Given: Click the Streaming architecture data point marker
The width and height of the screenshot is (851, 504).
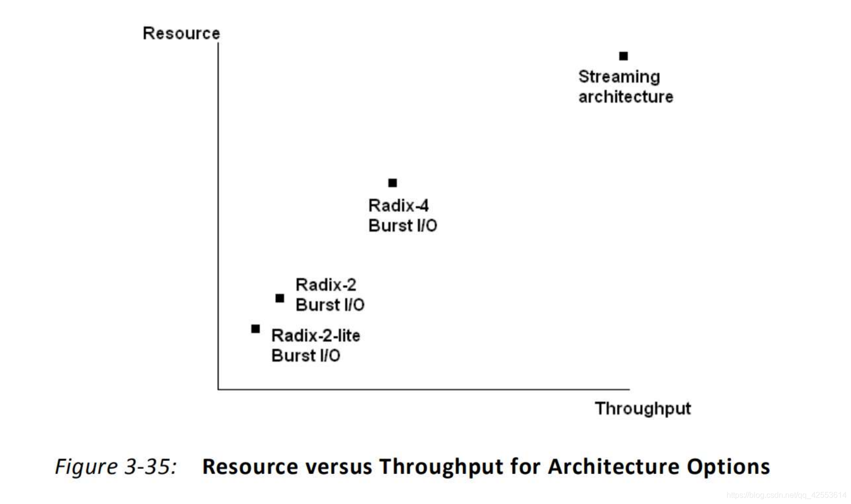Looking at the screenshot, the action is (623, 56).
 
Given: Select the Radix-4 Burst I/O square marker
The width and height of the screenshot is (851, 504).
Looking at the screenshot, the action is (393, 183).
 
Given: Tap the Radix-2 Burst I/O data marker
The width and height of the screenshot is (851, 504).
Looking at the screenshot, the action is (280, 298).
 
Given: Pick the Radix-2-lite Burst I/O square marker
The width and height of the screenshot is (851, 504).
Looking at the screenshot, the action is (255, 329).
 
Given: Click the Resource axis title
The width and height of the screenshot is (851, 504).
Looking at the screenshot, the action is (181, 33).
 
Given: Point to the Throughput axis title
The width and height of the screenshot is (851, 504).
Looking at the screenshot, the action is (642, 409).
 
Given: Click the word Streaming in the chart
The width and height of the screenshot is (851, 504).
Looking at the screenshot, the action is (619, 77).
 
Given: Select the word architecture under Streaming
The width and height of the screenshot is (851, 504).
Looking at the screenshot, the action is (625, 97).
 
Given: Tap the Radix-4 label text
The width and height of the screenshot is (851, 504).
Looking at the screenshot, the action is (398, 205).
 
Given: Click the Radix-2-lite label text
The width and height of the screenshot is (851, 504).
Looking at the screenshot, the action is (315, 336).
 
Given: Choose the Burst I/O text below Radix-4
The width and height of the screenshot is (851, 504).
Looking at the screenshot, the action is (402, 225).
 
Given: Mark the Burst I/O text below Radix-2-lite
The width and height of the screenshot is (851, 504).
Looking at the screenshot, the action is (305, 355).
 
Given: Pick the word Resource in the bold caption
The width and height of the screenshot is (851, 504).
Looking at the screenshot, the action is (250, 467).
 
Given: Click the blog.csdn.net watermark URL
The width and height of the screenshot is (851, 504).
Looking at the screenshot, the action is (786, 495).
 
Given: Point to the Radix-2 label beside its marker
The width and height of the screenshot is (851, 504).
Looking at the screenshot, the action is (326, 284).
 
